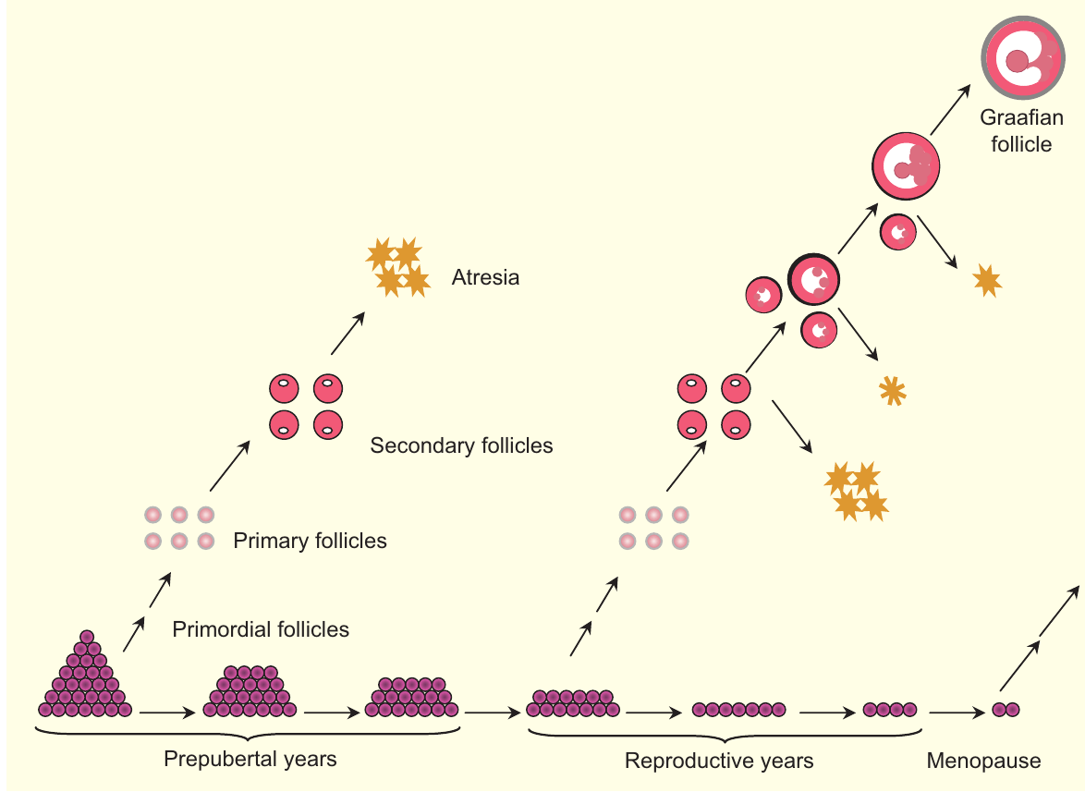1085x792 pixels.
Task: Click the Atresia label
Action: [x=485, y=277]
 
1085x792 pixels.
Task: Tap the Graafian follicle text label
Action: [x=1021, y=131]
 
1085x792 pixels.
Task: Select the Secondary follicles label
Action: [x=461, y=446]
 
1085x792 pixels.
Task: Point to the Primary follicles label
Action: [x=310, y=541]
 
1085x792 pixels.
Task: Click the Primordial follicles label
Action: [x=261, y=630]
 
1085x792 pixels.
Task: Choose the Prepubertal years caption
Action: [x=250, y=760]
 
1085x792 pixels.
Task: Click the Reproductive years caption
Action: [x=719, y=762]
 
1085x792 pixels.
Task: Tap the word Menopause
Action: [x=983, y=762]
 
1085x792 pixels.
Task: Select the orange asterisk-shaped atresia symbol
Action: [x=892, y=391]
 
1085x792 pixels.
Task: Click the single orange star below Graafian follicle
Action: [x=987, y=279]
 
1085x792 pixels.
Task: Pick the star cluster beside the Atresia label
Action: [x=398, y=267]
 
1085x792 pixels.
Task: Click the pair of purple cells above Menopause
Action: [x=1006, y=710]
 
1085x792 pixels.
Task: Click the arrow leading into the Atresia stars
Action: [x=347, y=334]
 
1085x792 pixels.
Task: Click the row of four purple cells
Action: [x=890, y=710]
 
